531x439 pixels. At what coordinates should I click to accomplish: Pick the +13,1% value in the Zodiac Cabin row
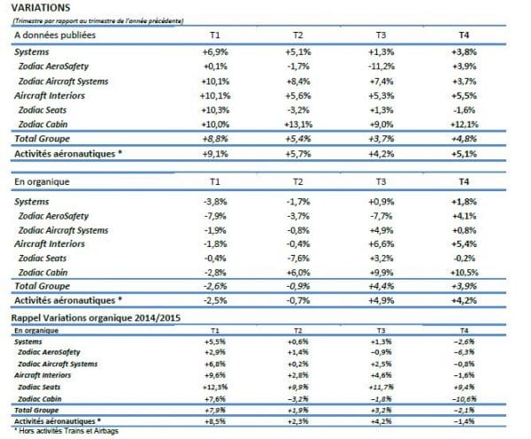[x=302, y=124]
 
